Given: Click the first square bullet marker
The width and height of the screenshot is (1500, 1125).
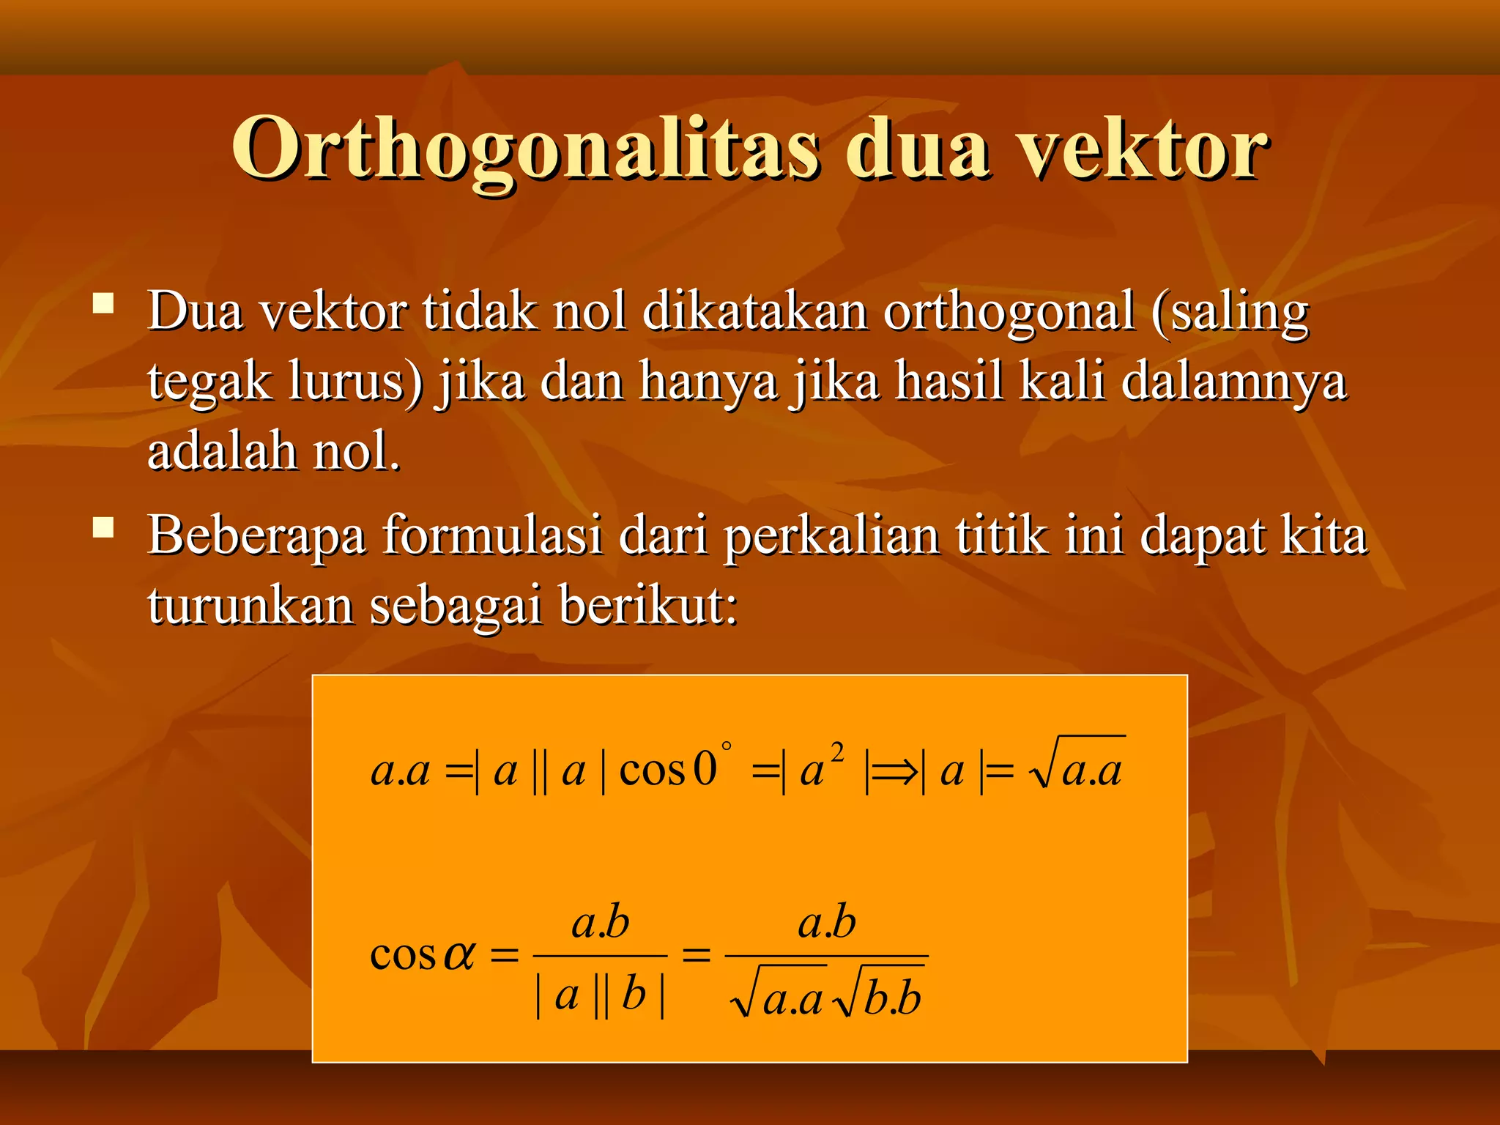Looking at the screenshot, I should point(103,303).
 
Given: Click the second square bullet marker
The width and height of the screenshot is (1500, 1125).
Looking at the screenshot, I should point(103,527).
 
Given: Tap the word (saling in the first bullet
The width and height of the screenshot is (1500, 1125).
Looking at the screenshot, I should point(1230,312).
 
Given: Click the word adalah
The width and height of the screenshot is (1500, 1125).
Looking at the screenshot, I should point(222,451).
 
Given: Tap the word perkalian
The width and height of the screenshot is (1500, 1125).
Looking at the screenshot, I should point(832,536).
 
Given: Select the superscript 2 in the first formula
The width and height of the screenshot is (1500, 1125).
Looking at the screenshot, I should point(837,752).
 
